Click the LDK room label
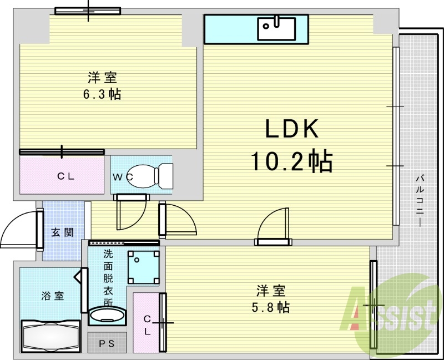click(x=291, y=130)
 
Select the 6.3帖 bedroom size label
click(x=102, y=94)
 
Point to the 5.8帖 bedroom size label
click(x=271, y=307)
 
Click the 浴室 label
click(x=52, y=296)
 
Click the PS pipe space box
click(x=107, y=343)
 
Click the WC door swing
click(x=131, y=214)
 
